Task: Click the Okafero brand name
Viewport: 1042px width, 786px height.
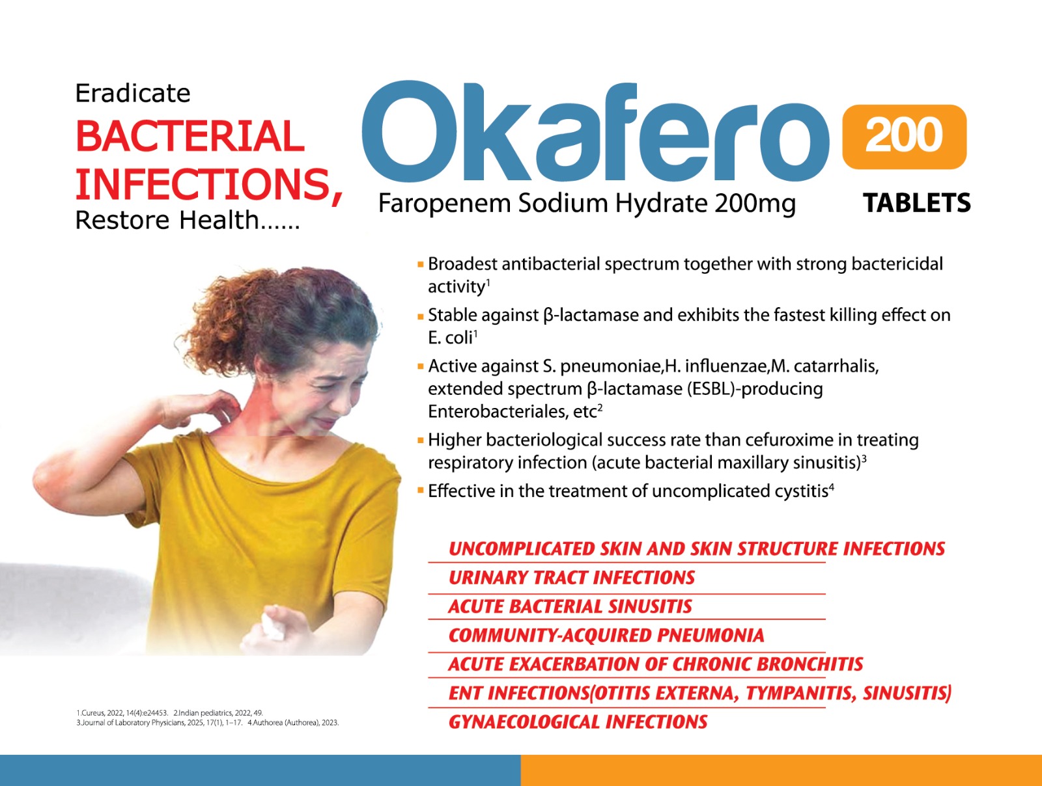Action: pyautogui.click(x=595, y=131)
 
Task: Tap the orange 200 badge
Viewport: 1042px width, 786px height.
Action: pyautogui.click(x=905, y=137)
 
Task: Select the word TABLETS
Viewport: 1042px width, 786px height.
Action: pyautogui.click(x=917, y=203)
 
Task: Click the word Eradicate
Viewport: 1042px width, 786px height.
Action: pyautogui.click(x=132, y=93)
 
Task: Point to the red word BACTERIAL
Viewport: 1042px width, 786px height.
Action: pyautogui.click(x=190, y=137)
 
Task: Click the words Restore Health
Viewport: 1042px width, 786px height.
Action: pyautogui.click(x=167, y=220)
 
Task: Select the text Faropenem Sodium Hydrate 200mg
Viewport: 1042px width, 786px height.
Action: pyautogui.click(x=587, y=204)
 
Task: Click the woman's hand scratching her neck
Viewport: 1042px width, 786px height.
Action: pyautogui.click(x=204, y=409)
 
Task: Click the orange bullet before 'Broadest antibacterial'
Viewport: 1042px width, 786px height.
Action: pyautogui.click(x=420, y=265)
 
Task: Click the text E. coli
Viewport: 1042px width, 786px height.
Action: pyautogui.click(x=450, y=338)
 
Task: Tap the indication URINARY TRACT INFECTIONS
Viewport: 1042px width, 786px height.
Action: pyautogui.click(x=572, y=578)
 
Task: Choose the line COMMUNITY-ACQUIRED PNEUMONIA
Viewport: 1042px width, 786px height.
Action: pyautogui.click(x=606, y=636)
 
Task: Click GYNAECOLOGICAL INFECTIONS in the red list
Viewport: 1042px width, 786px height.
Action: pyautogui.click(x=578, y=722)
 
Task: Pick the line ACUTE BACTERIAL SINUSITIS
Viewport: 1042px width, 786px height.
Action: pyautogui.click(x=570, y=607)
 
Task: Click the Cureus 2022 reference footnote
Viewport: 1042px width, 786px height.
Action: pyautogui.click(x=122, y=712)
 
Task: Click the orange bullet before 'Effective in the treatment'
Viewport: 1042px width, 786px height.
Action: pyautogui.click(x=420, y=490)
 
